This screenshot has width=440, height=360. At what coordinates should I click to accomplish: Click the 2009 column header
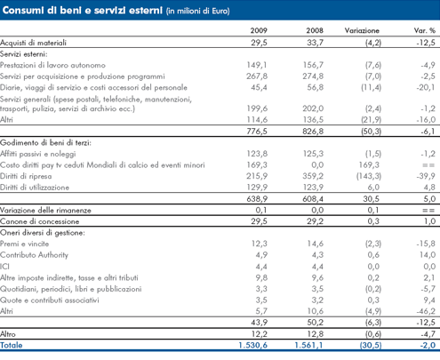[259, 30]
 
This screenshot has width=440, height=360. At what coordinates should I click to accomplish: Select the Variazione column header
[362, 30]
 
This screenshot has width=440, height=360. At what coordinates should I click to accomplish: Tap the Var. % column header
[425, 30]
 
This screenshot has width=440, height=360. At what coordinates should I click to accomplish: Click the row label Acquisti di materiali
[33, 43]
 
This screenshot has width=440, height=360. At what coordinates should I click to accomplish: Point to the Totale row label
[12, 345]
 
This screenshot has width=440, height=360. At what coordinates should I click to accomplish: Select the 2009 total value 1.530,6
[252, 345]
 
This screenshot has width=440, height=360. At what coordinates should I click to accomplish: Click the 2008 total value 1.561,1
[308, 345]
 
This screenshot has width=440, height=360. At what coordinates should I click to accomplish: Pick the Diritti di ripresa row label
[26, 176]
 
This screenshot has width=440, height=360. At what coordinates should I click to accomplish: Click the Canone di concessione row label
[40, 221]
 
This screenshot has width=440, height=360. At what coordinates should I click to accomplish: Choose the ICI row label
[4, 267]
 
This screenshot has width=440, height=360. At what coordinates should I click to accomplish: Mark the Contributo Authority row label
[34, 255]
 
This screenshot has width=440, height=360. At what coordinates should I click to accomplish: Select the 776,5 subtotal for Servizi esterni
[257, 132]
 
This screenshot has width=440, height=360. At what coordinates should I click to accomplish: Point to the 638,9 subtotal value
[257, 199]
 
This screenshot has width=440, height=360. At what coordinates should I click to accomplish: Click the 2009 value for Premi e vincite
[260, 244]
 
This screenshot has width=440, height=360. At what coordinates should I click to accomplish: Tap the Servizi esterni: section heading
[24, 54]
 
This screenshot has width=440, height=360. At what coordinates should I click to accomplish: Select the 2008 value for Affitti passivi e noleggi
[313, 154]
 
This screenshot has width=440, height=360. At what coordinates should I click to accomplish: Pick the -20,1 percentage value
[426, 87]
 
